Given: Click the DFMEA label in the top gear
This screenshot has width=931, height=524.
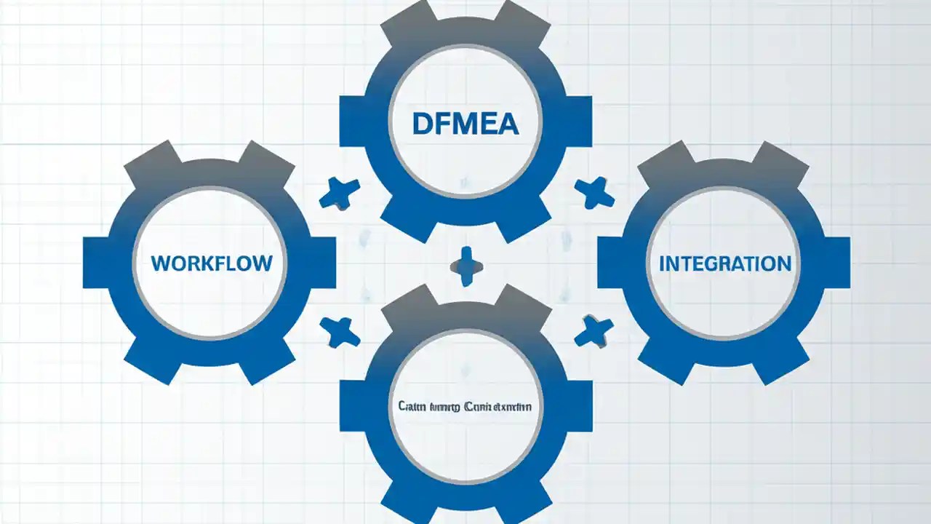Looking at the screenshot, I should point(465,123).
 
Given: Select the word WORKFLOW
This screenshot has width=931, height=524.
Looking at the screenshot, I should point(212,263).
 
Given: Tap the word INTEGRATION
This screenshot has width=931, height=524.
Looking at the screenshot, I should point(724,263).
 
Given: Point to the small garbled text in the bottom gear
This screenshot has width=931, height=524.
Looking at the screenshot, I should point(465,407).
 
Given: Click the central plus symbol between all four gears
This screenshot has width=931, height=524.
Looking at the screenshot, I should point(466,266).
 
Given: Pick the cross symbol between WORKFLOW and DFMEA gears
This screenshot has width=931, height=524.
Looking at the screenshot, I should point(340,194).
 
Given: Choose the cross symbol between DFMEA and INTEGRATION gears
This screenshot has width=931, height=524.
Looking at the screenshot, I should point(594,193).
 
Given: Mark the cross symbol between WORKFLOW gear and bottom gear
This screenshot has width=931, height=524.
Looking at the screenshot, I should point(340,332).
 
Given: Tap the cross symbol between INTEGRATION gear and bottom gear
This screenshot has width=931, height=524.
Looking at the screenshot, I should point(594,332).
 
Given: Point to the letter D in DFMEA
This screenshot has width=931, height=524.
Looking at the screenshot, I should point(422,123).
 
